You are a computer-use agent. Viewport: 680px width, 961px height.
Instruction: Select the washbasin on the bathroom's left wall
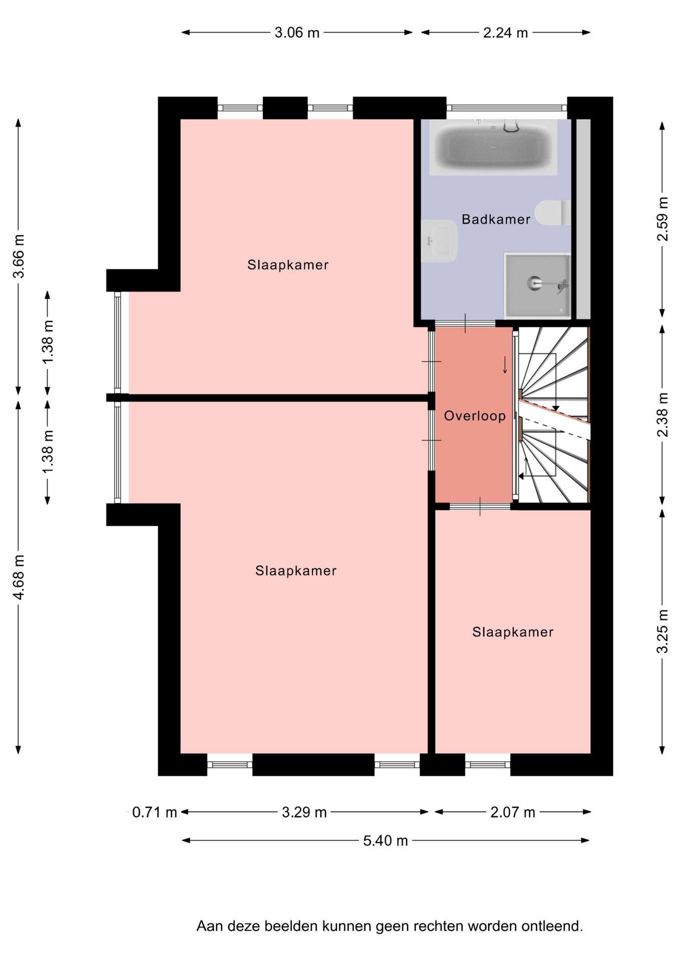click(x=439, y=241)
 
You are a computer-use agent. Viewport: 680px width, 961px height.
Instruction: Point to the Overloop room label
click(x=475, y=416)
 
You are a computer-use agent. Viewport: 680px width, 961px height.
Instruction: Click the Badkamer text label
click(x=496, y=219)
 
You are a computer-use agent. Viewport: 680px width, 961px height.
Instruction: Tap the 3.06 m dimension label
click(x=297, y=33)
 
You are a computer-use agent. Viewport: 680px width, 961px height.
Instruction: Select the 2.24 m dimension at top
click(x=506, y=33)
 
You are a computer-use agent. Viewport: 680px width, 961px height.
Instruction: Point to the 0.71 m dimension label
click(x=155, y=812)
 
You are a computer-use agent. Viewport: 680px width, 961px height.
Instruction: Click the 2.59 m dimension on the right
click(x=662, y=219)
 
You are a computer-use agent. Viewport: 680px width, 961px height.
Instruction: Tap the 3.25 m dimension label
click(x=662, y=631)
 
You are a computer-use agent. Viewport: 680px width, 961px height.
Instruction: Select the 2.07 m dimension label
click(x=513, y=812)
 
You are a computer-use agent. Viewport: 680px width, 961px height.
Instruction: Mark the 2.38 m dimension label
click(x=662, y=415)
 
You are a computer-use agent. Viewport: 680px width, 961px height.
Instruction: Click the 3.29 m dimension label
click(x=304, y=812)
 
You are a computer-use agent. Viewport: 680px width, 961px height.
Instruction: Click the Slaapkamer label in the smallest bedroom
click(x=513, y=632)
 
